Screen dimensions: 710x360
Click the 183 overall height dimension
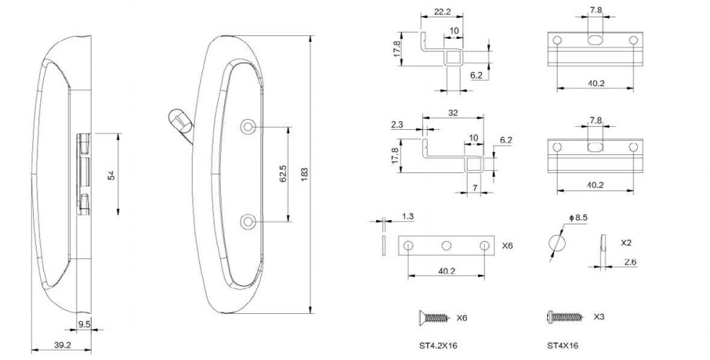tap(304, 174)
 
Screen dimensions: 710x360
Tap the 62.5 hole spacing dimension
tap(283, 174)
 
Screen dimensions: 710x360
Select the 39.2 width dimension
tap(63, 345)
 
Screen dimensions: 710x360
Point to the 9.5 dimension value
tap(84, 324)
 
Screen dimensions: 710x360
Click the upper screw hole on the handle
tap(247, 127)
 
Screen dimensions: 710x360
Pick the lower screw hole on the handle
tap(247, 222)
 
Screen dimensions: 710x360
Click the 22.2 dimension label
tap(442, 12)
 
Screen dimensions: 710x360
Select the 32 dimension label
tap(452, 113)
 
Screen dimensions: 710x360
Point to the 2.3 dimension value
tap(397, 125)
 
